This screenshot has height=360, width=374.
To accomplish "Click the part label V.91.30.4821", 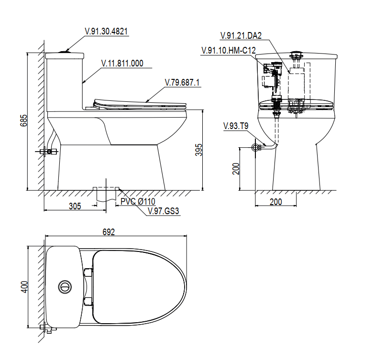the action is pyautogui.click(x=106, y=32).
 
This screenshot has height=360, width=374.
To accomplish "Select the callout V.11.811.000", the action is pyautogui.click(x=122, y=64).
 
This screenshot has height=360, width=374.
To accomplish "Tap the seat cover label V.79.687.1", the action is pyautogui.click(x=182, y=83).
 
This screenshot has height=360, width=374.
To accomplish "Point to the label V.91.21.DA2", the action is pyautogui.click(x=241, y=35).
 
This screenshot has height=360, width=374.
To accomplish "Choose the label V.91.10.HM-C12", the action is pyautogui.click(x=229, y=51).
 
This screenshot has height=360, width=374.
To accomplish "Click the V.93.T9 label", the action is pyautogui.click(x=236, y=126).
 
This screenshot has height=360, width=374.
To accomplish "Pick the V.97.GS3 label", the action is pyautogui.click(x=164, y=211).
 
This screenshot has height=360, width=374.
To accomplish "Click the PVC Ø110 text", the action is pyautogui.click(x=138, y=201).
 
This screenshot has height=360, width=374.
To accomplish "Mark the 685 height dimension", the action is pyautogui.click(x=23, y=120).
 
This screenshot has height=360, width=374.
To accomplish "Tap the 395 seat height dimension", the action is pyautogui.click(x=198, y=150).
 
